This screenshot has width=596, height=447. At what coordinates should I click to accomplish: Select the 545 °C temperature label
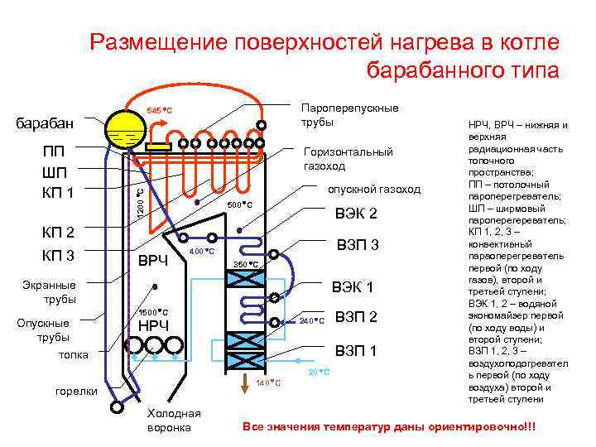[x=158, y=111]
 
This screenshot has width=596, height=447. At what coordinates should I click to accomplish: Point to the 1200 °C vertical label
[x=140, y=204]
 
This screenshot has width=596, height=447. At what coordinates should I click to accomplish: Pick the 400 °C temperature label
[x=202, y=251]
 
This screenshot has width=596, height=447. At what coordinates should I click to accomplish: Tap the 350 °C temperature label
[x=247, y=265]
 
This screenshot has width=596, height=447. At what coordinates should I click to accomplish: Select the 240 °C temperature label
[x=311, y=320]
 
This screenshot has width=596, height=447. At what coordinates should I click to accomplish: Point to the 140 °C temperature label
[x=270, y=383]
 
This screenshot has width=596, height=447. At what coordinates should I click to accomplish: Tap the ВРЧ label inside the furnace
[x=152, y=262]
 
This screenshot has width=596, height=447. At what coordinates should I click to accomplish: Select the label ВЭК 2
[x=355, y=214]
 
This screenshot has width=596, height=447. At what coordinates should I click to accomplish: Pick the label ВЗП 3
[x=358, y=245]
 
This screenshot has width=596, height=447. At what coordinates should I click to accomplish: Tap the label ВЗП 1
[x=355, y=351]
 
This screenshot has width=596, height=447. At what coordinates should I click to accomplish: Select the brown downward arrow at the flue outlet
[x=246, y=382]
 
